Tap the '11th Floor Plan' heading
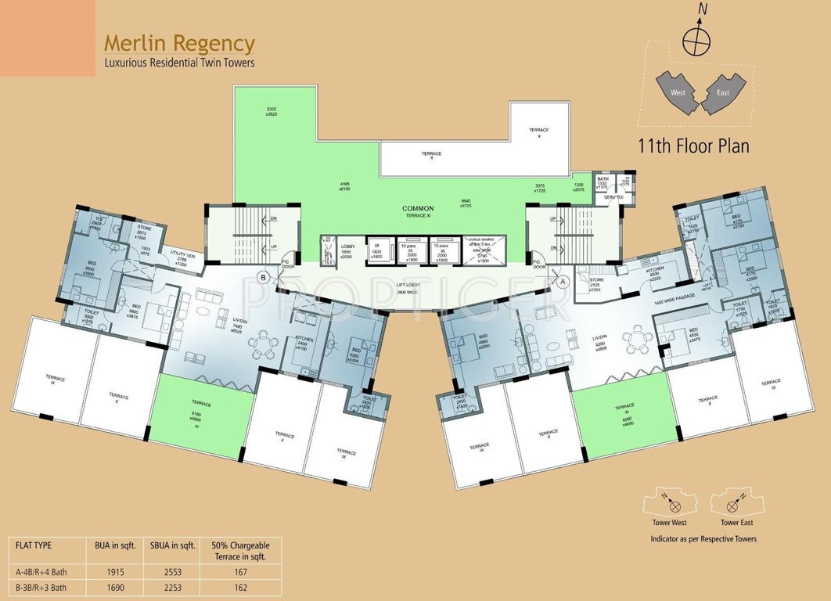pos(693,146)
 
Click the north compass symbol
pos(693,38)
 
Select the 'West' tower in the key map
pos(678,92)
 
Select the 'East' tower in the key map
pos(722,93)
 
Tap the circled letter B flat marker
pos(264,277)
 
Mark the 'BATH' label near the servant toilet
pos(603,179)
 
